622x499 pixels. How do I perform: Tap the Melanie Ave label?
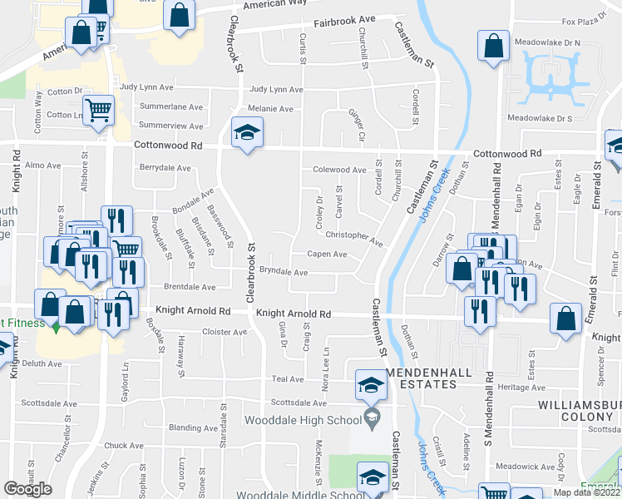coord(270,109)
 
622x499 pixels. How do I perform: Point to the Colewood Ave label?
coord(338,170)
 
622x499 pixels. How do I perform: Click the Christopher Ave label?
coord(354,239)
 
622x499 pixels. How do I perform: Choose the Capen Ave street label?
coord(327,254)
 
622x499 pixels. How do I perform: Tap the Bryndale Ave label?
coord(284,272)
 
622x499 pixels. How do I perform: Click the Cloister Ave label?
coord(225,332)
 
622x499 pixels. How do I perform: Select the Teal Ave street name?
coord(288,379)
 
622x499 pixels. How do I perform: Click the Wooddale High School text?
coord(306,417)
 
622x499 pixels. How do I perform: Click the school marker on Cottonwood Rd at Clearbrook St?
coord(246,134)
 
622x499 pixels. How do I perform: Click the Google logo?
coord(27,489)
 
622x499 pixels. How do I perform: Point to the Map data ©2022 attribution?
coord(586,492)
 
